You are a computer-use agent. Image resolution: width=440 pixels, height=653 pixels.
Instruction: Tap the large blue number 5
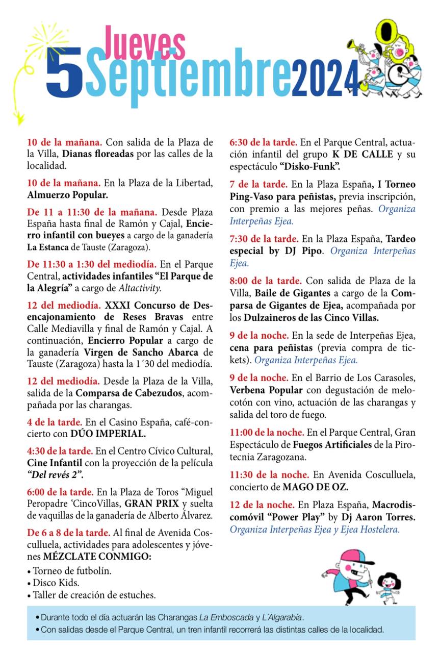point(64,73)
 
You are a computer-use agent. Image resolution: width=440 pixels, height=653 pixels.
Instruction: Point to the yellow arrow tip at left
point(19,120)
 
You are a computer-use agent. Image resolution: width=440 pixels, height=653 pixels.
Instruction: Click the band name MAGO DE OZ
point(316,487)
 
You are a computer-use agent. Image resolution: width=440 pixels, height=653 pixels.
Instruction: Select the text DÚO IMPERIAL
point(108,434)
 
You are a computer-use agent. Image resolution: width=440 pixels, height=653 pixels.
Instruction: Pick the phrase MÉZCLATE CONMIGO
point(90,557)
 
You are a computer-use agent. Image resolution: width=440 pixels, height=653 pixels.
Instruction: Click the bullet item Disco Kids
point(56,582)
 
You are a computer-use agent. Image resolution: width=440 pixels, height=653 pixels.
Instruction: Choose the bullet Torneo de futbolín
point(72,570)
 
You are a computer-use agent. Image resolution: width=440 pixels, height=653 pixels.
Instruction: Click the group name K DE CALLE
point(363,154)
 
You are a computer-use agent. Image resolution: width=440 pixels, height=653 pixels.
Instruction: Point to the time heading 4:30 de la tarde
point(60,451)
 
